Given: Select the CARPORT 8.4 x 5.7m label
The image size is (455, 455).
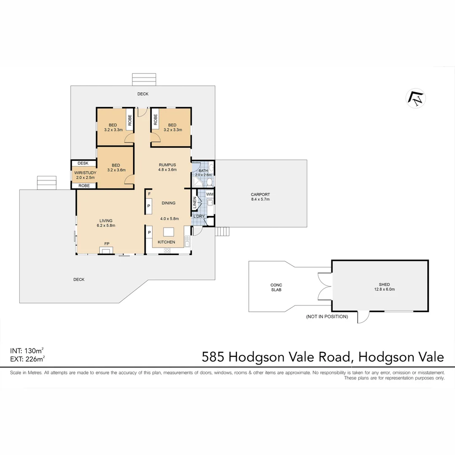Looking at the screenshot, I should click(260, 197).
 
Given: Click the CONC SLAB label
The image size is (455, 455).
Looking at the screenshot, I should click(276, 287).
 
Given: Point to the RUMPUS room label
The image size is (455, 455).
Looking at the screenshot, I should click(167, 167).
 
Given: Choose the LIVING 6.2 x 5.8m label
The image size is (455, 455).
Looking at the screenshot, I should click(106, 223).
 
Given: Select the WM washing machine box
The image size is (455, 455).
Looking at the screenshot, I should click(210, 194).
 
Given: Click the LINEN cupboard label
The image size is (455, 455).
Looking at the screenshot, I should click(195, 203).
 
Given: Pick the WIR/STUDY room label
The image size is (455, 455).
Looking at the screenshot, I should click(85, 175).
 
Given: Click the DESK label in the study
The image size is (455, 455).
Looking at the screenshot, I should click(83, 163).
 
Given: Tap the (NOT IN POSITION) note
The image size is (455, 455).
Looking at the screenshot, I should click(327, 316).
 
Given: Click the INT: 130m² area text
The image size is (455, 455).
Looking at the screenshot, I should click(27, 351).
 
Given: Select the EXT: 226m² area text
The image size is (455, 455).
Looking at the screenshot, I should click(27, 359).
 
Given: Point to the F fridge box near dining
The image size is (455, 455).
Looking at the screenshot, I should click(149, 194).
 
